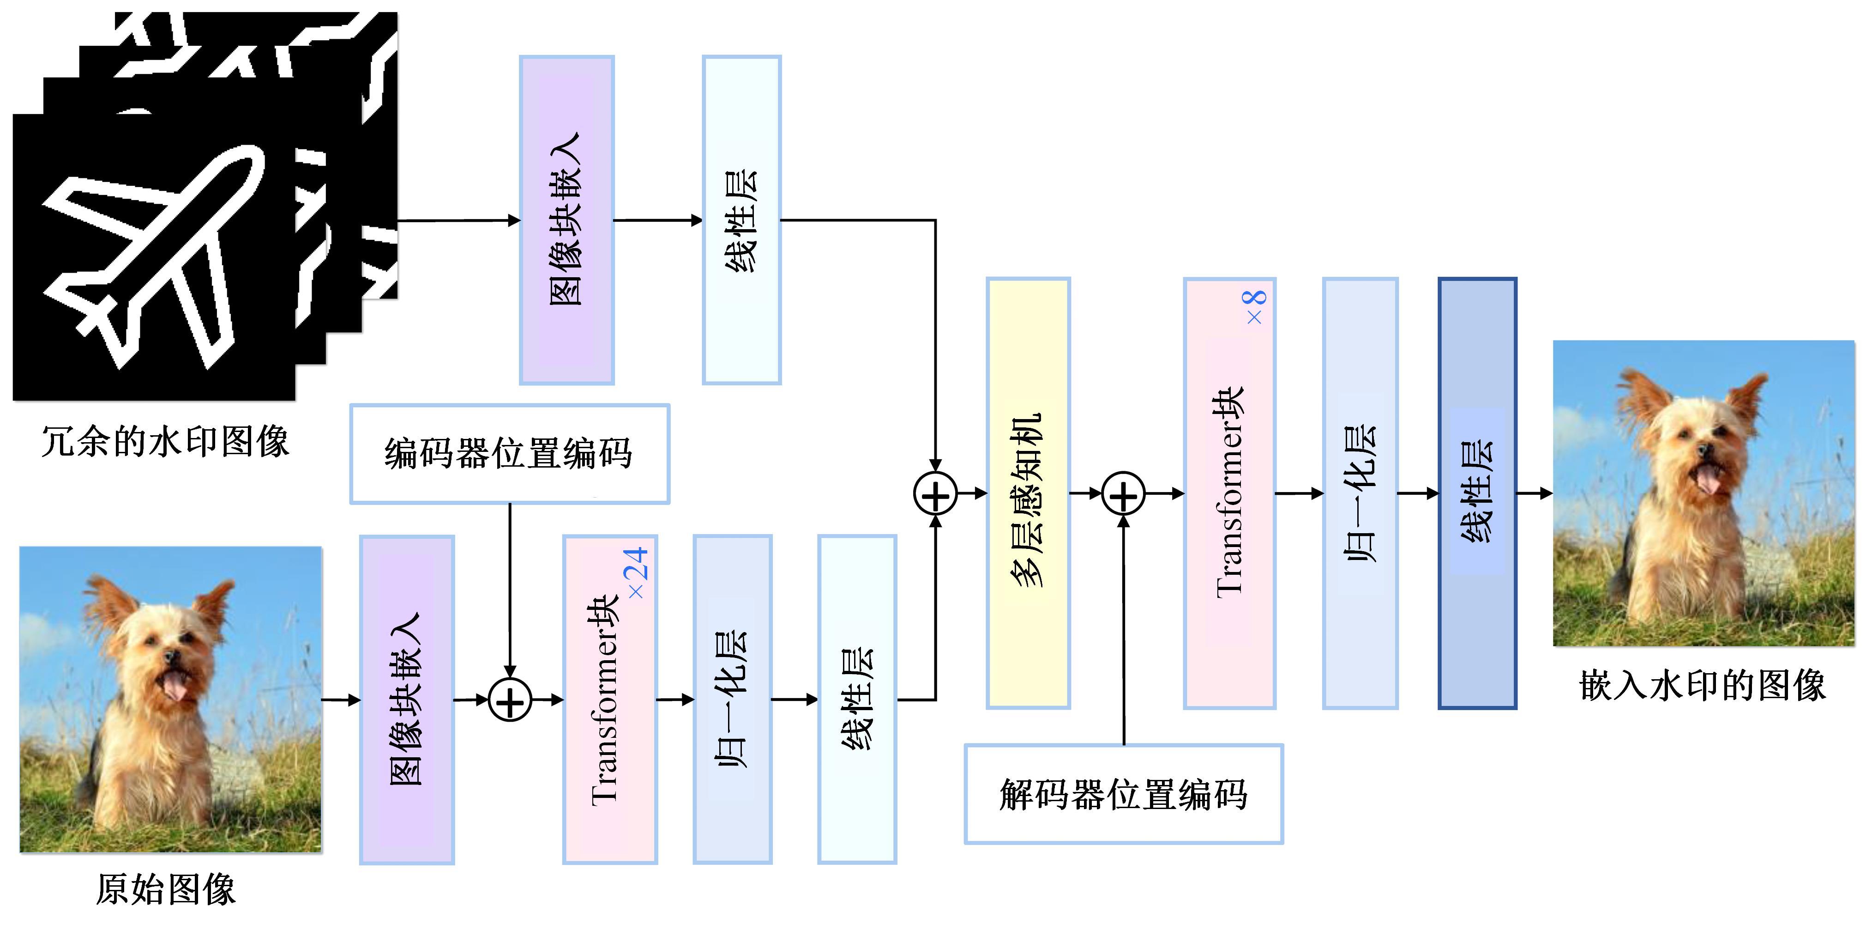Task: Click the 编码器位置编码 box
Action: [x=509, y=454]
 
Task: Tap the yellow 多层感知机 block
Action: [x=1028, y=493]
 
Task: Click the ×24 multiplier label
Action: [x=637, y=572]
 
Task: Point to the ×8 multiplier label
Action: [x=1255, y=307]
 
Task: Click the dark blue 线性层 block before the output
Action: [x=1477, y=493]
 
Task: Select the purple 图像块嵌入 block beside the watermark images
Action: [x=566, y=219]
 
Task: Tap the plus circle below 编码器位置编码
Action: [x=510, y=700]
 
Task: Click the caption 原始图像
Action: [x=166, y=889]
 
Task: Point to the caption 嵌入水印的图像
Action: [x=1702, y=685]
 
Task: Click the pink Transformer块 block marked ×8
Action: [x=1229, y=493]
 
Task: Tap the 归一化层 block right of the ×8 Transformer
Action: [x=1360, y=493]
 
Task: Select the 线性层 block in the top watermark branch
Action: [x=741, y=219]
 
